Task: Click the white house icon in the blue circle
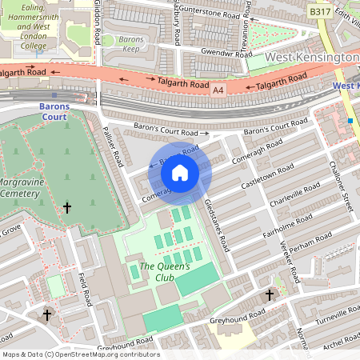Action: [x=180, y=171]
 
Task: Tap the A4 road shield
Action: [x=218, y=91]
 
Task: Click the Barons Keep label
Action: [x=130, y=43]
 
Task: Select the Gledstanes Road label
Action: [x=216, y=226]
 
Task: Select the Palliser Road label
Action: [x=112, y=146]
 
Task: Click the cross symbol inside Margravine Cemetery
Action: [x=67, y=208]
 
